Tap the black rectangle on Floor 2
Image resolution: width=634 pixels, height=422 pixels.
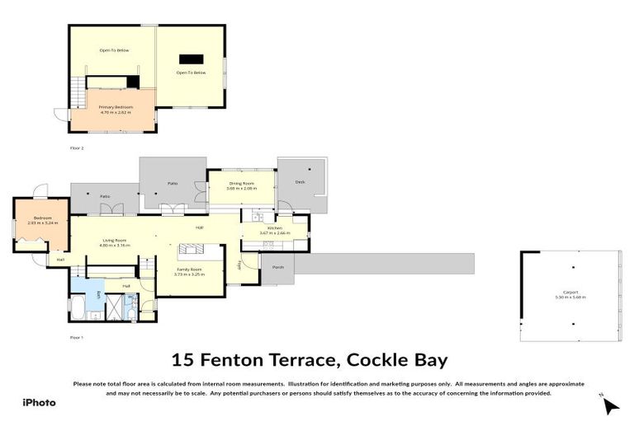pyautogui.click(x=191, y=59)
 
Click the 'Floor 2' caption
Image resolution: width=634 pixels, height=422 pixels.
pyautogui.click(x=77, y=148)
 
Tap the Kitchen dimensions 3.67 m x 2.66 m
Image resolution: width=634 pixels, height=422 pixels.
pyautogui.click(x=275, y=232)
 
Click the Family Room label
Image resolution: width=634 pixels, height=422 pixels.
pyautogui.click(x=191, y=269)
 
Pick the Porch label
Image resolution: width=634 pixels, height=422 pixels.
pyautogui.click(x=277, y=266)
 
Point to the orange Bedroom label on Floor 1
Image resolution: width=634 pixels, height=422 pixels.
pyautogui.click(x=42, y=218)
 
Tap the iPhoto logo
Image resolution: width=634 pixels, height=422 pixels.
pyautogui.click(x=39, y=402)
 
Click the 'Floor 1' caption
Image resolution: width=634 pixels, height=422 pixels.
pyautogui.click(x=77, y=337)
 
